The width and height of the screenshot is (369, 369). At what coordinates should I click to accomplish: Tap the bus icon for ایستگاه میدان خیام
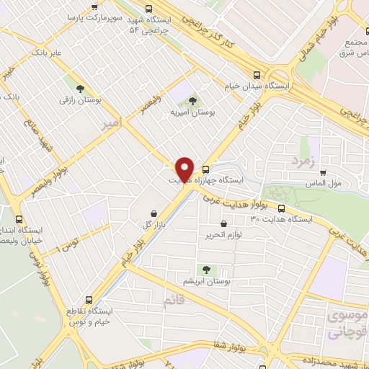pos(257,74)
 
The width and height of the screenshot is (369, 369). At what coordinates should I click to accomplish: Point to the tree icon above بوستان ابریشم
pos(207,270)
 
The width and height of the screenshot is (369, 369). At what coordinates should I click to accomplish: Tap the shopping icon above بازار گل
pos(155,213)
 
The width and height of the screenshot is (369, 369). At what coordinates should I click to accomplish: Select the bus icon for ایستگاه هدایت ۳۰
pos(280,208)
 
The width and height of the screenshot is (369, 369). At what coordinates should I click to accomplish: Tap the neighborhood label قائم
pos(173,302)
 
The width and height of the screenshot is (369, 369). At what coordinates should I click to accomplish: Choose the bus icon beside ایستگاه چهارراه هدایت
pos(206,170)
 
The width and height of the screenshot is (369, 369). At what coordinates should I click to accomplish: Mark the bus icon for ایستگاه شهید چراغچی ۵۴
pos(148,9)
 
